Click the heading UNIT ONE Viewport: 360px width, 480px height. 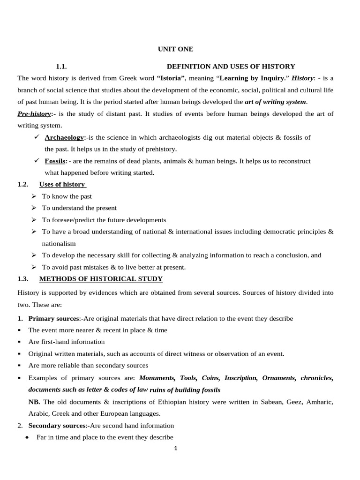pyautogui.click(x=175, y=49)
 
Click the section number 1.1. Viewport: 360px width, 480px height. pyautogui.click(x=62, y=67)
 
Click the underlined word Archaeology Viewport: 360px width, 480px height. pyautogui.click(x=64, y=137)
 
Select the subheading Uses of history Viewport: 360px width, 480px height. pyautogui.click(x=62, y=184)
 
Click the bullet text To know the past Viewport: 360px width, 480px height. pyautogui.click(x=67, y=196)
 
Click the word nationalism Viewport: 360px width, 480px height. pyautogui.click(x=59, y=244)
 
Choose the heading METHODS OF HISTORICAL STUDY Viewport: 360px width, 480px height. pyautogui.click(x=101, y=279)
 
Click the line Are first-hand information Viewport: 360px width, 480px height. pyautogui.click(x=67, y=342)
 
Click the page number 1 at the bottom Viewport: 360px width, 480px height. pyautogui.click(x=175, y=448)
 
